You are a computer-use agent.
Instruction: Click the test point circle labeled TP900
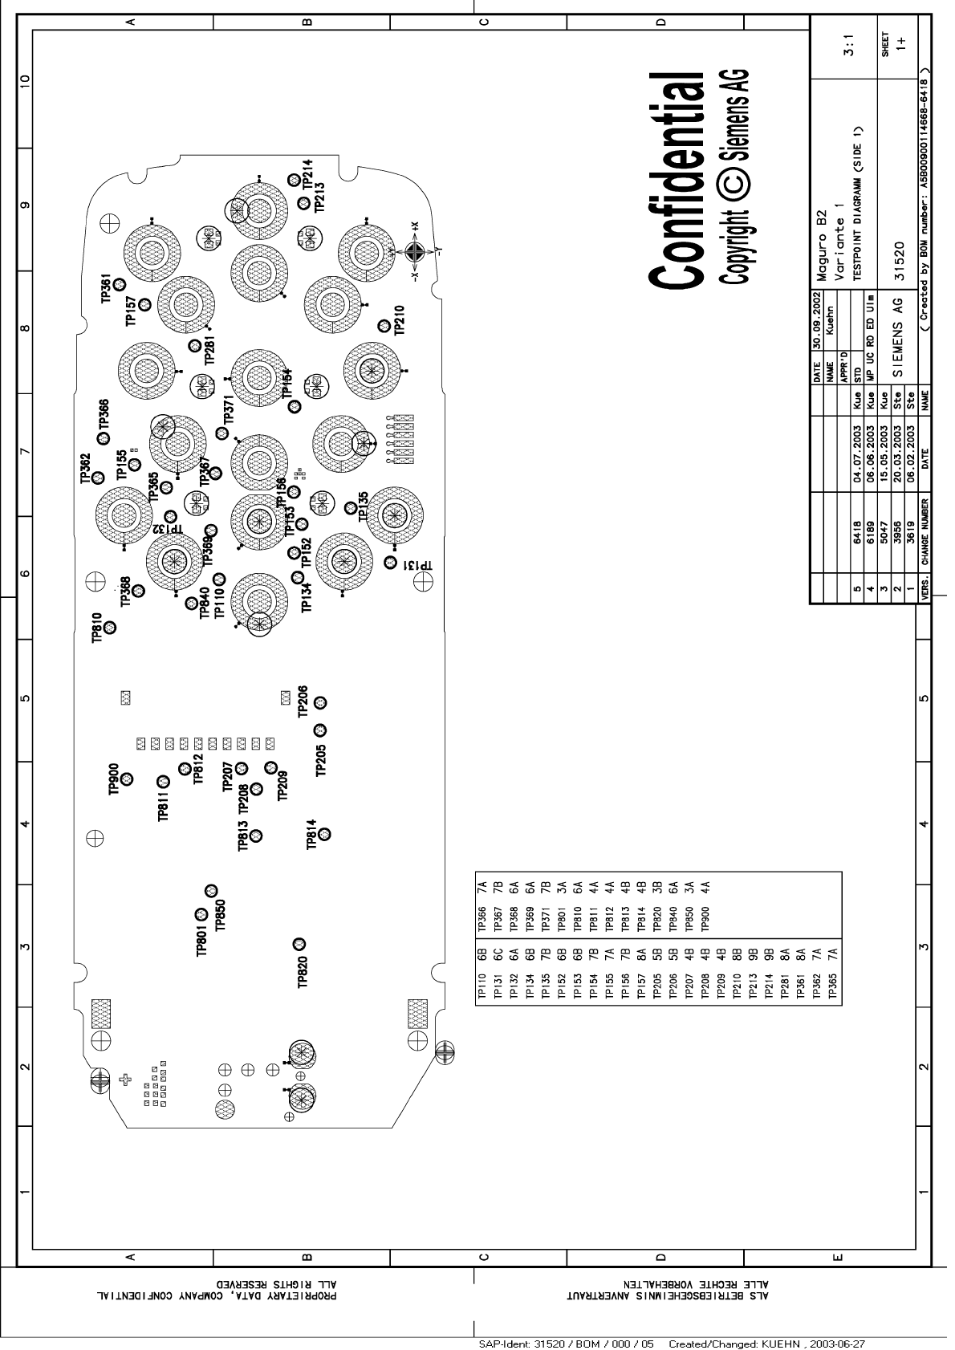click(x=127, y=778)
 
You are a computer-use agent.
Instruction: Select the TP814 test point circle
click(x=325, y=833)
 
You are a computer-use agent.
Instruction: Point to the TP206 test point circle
click(x=320, y=702)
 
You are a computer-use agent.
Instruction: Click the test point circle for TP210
click(x=384, y=326)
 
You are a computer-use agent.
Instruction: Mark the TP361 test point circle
click(x=119, y=284)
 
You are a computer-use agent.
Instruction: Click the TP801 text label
click(x=202, y=940)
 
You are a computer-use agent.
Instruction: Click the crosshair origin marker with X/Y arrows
click(x=414, y=252)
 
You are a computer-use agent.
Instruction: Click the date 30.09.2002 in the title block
click(x=817, y=328)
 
